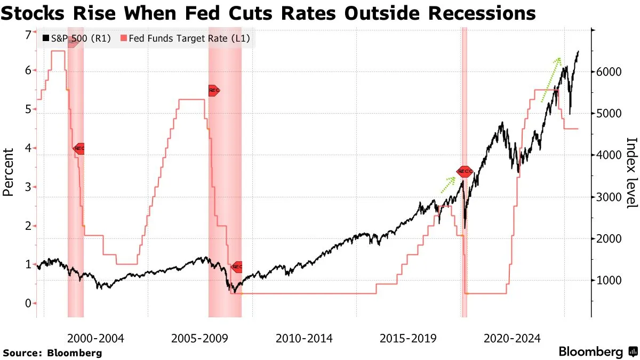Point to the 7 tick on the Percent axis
28,35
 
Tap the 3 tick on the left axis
28,187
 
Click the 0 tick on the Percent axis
28,303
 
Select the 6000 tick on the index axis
609,72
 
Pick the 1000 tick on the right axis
609,281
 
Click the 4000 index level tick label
609,155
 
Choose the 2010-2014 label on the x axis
304,338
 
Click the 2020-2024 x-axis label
513,338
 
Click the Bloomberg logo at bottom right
598,351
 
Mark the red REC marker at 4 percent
78,148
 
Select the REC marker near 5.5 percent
213,91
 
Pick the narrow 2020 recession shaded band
465,176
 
